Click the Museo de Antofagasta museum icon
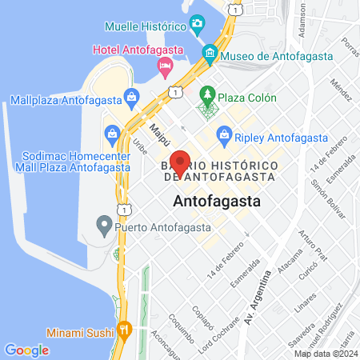coord(210,55)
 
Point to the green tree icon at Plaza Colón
coord(208,97)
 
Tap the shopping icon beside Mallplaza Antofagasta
coord(131,100)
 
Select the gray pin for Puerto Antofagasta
coord(104,225)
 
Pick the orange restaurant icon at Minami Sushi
coord(124,330)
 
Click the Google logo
coord(26,350)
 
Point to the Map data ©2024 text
coord(325,353)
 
